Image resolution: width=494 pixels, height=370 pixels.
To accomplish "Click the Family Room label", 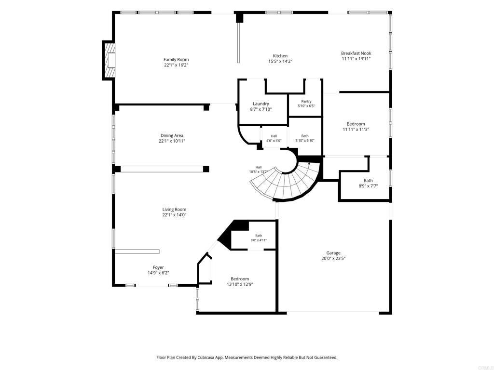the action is point(176,59).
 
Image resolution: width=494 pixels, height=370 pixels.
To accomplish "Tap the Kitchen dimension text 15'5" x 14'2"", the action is point(280,62).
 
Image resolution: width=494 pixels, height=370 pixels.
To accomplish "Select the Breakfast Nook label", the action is point(356,53).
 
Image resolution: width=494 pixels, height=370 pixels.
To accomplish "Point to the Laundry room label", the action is point(261,104).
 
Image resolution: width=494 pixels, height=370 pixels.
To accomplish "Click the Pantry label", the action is point(306,101).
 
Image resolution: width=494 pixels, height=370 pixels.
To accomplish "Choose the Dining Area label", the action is point(172,135).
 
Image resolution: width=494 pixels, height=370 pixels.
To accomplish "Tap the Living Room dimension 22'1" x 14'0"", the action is point(174,215).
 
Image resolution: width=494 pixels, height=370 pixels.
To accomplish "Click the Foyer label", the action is point(158,267).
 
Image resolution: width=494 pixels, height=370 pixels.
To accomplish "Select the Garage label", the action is point(333,253).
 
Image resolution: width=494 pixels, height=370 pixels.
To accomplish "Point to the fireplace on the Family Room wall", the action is point(109,60).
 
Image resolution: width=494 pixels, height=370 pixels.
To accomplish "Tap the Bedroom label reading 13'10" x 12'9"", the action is point(240,279).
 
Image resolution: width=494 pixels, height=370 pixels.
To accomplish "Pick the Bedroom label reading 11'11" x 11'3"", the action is point(356,124).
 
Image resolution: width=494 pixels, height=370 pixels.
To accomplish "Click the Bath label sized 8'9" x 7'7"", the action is point(368,181).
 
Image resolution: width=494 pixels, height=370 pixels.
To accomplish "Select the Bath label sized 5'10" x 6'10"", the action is point(305,136).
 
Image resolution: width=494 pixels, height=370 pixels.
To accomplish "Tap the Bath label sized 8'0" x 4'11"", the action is point(259,236).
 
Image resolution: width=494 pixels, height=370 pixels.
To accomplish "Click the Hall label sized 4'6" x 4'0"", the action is point(274,136).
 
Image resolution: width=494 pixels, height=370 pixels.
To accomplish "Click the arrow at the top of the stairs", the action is point(309,164).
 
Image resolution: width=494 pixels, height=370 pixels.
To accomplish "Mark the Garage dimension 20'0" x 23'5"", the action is point(333,258).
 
